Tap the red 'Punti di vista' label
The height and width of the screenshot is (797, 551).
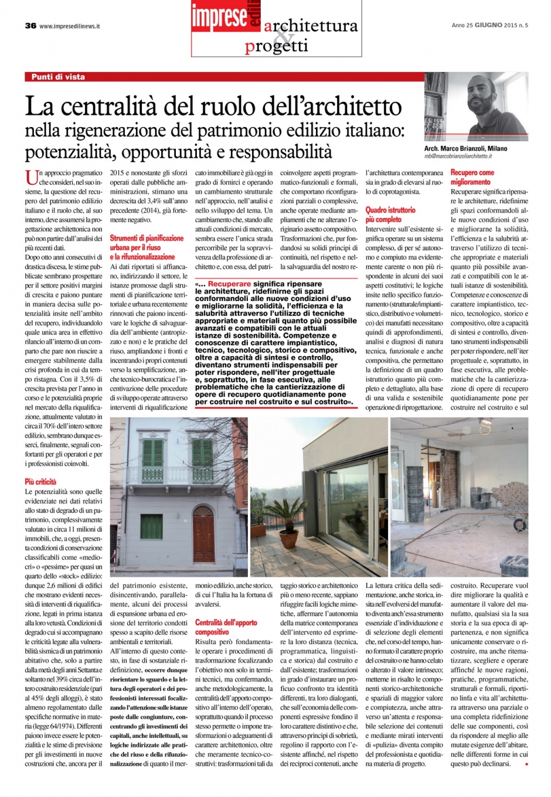coord(58,77)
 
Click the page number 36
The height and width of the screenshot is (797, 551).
coord(30,26)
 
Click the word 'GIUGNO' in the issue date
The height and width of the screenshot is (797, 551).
coord(488,26)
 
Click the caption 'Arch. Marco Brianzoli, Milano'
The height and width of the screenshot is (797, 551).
coord(465,149)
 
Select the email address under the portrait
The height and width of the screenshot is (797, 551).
coord(458,157)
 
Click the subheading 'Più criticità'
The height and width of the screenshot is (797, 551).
coord(40,481)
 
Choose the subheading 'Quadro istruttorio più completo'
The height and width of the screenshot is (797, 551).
coord(390,214)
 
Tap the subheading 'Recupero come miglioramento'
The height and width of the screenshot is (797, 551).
coord(472,177)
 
